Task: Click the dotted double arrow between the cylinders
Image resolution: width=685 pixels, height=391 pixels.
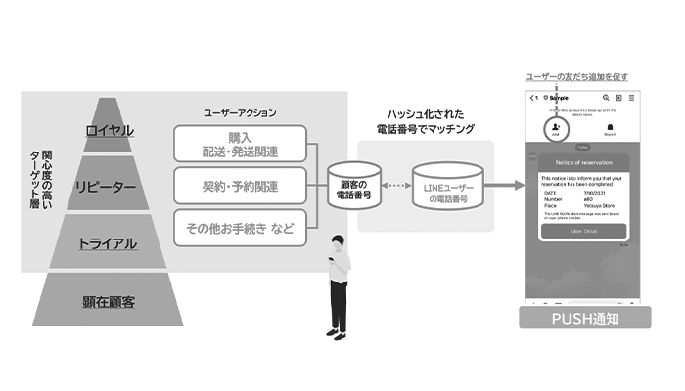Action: point(399,187)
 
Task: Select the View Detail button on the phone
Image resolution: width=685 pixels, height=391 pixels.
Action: point(584,231)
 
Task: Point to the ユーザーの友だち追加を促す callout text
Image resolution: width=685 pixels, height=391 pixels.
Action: point(578,76)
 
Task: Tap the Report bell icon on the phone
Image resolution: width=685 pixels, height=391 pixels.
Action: point(612,128)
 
